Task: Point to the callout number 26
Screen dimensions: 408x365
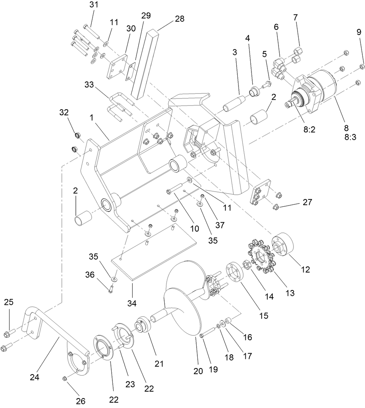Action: (x=80, y=401)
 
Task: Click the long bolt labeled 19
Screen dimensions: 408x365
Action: (x=208, y=334)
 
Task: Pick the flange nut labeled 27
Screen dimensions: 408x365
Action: (x=277, y=207)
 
